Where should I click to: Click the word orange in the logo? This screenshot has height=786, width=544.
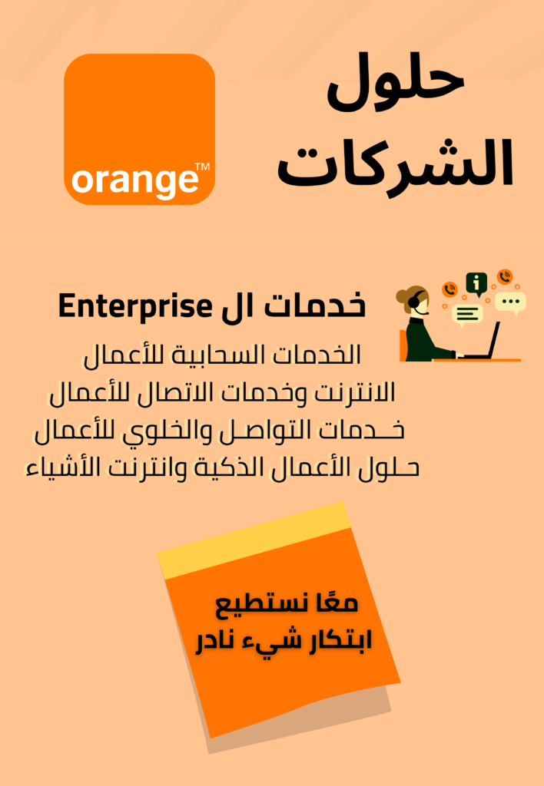[134, 180]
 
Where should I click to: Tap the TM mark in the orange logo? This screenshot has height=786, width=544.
[202, 167]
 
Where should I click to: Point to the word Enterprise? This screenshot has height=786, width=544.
[135, 306]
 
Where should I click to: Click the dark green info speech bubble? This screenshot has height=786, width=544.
[476, 284]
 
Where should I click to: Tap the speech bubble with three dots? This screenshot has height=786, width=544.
[511, 302]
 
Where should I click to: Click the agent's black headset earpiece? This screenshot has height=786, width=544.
[413, 302]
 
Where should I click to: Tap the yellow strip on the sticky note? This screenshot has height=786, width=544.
[254, 540]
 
